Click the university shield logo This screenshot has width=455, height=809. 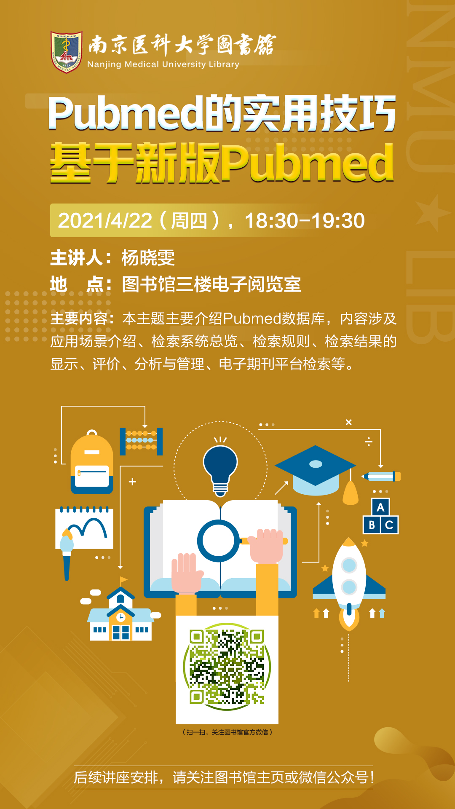click(67, 51)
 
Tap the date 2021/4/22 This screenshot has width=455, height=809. click(105, 221)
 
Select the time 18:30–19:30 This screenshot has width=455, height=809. click(305, 221)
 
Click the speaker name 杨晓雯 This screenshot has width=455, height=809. click(148, 257)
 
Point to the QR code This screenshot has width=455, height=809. click(227, 667)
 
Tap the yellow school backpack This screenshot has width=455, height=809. click(92, 462)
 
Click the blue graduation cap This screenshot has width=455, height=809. click(316, 470)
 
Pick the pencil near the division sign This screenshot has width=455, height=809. click(381, 477)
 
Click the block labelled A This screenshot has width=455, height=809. click(380, 507)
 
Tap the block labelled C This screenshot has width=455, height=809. click(390, 525)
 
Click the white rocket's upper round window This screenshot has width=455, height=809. click(349, 565)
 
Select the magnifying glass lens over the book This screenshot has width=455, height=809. click(218, 541)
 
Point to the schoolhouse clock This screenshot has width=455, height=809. click(121, 617)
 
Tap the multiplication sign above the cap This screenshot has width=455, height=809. click(349, 422)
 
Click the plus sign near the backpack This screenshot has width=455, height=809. click(132, 482)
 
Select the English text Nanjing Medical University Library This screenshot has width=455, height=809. click(163, 64)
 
